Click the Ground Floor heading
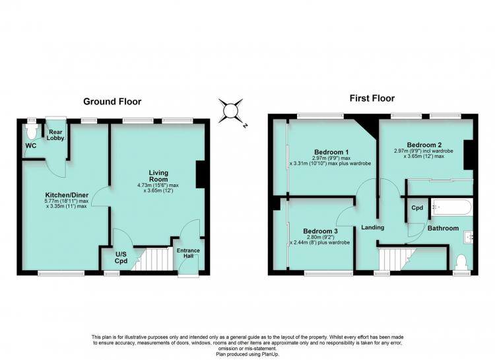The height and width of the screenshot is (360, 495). [x=112, y=102]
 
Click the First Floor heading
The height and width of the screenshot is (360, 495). [x=372, y=98]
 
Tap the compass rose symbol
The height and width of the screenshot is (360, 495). [x=230, y=111]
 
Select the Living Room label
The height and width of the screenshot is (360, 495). [x=158, y=176]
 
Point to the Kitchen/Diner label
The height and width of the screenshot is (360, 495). [x=67, y=195]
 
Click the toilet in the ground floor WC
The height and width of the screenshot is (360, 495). [x=32, y=131]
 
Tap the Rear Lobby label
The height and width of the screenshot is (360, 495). [x=55, y=135]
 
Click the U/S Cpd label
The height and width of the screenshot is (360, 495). [x=121, y=258]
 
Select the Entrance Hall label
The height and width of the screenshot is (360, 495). [x=188, y=253]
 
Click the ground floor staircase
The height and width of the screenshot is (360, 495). [x=152, y=259]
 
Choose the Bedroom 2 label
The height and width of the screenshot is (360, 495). [x=424, y=145]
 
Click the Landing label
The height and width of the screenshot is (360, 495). [x=372, y=227]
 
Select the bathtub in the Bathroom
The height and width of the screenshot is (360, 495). [x=452, y=207]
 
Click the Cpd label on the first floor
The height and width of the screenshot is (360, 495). [x=417, y=208]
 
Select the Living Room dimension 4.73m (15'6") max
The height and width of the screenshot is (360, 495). [x=158, y=185]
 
